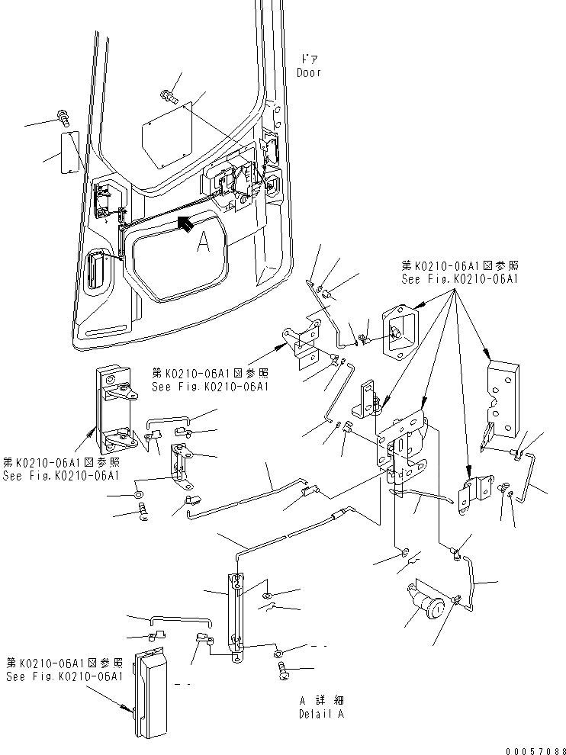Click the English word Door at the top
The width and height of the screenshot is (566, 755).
click(309, 73)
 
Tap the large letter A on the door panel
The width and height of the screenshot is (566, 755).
click(203, 242)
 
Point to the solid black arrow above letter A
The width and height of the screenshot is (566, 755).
click(184, 222)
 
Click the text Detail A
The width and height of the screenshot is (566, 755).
click(321, 715)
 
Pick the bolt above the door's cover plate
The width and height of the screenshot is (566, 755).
click(169, 96)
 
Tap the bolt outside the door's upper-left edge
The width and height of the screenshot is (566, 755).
click(63, 117)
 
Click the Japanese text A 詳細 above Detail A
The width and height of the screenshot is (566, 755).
click(321, 700)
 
